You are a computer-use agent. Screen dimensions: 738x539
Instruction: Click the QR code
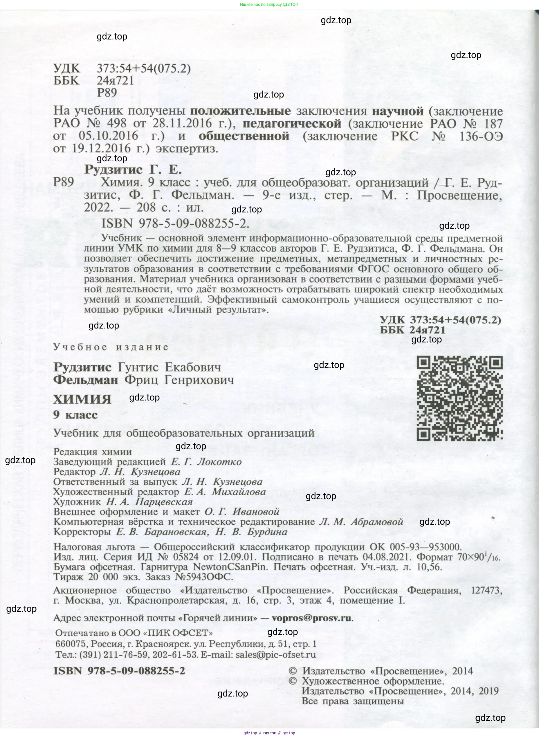click(x=459, y=399)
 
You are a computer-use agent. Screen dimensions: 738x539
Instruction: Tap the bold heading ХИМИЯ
click(x=82, y=399)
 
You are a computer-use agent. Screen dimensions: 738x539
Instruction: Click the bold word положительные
click(x=240, y=111)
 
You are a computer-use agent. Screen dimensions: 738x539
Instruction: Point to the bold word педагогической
click(x=292, y=124)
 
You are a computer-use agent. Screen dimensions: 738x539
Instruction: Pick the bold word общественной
click(x=244, y=136)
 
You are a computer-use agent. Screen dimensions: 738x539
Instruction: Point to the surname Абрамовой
click(x=377, y=522)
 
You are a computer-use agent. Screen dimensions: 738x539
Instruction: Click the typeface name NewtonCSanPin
click(x=230, y=567)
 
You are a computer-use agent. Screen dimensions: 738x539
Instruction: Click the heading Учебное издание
click(x=111, y=347)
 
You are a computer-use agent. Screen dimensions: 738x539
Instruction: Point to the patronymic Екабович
click(x=193, y=367)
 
